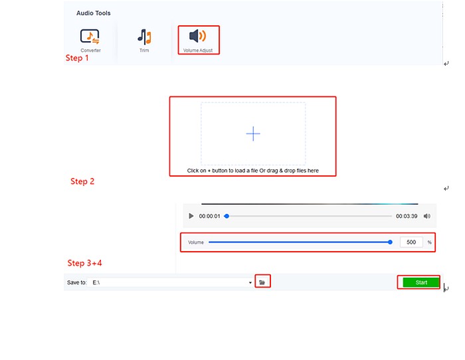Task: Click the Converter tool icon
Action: point(90,37)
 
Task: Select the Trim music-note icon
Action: point(144,37)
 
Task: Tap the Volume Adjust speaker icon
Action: point(197,36)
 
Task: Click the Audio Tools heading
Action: point(94,13)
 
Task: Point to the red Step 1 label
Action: point(77,58)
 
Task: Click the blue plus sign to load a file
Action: point(253,134)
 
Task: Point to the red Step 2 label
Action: point(82,181)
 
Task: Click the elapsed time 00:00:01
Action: point(209,216)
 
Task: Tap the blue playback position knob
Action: point(227,216)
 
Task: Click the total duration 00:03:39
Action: point(407,216)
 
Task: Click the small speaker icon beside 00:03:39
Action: point(426,216)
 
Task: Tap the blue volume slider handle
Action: point(391,242)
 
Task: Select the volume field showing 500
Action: point(411,242)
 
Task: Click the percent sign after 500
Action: point(429,242)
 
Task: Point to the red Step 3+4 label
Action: point(84,263)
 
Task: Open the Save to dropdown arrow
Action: point(250,282)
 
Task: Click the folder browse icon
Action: point(262,282)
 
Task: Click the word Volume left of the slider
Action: point(196,242)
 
